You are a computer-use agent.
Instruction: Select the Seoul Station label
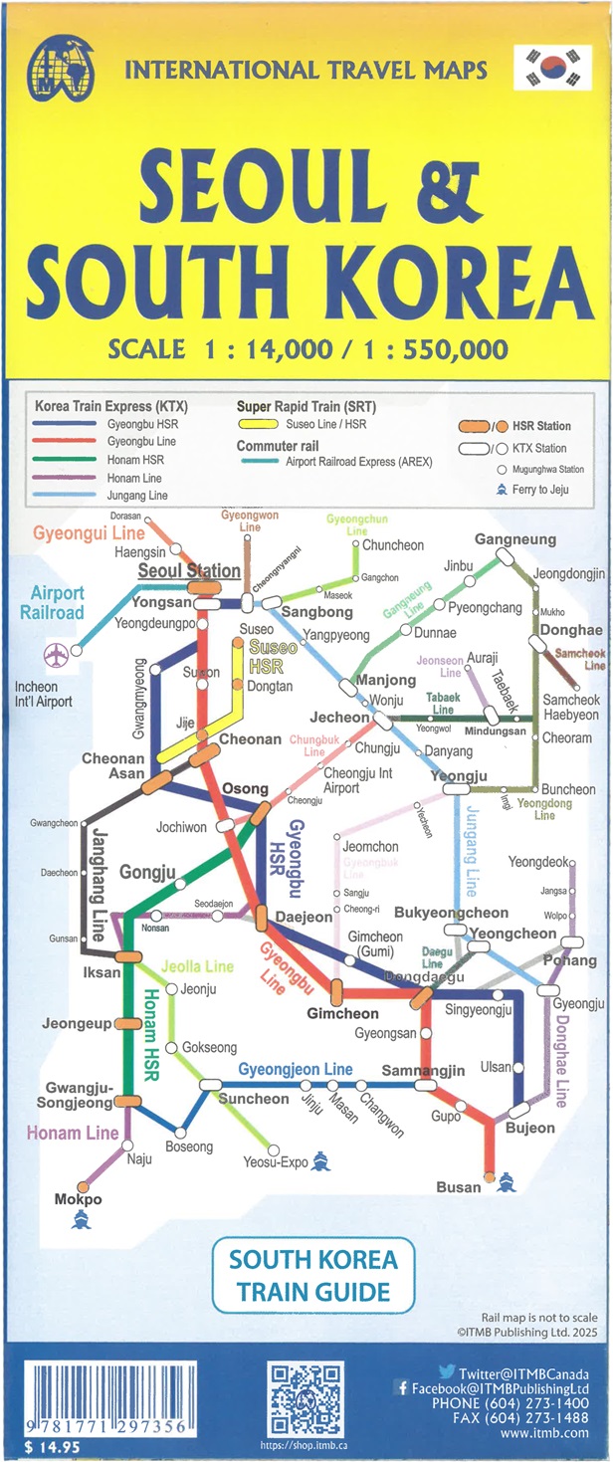189,571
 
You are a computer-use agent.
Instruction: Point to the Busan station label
459,1186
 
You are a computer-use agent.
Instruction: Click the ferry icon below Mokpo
80,1218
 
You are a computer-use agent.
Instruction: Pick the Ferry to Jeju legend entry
542,490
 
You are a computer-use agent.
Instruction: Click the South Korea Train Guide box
312,1276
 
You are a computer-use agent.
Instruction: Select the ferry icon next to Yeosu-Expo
320,1160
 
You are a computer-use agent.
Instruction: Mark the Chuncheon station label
393,545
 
